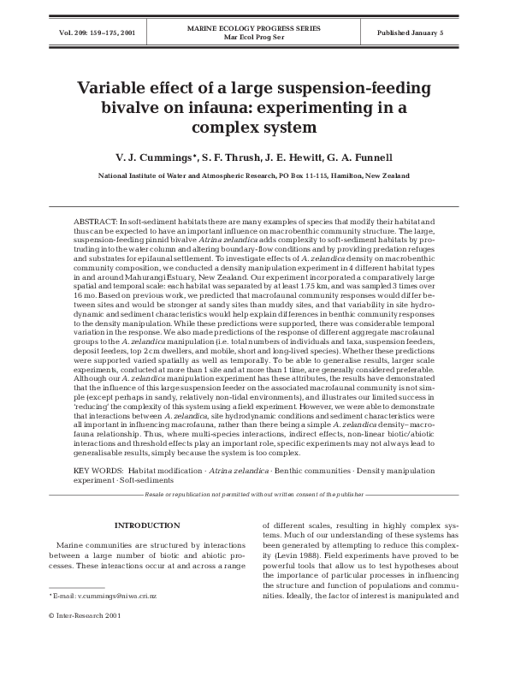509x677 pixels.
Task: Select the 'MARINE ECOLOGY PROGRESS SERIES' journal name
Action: (x=254, y=28)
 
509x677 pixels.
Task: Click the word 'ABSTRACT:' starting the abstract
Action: (x=96, y=221)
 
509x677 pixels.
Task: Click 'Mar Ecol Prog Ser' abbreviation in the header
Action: (x=254, y=38)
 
